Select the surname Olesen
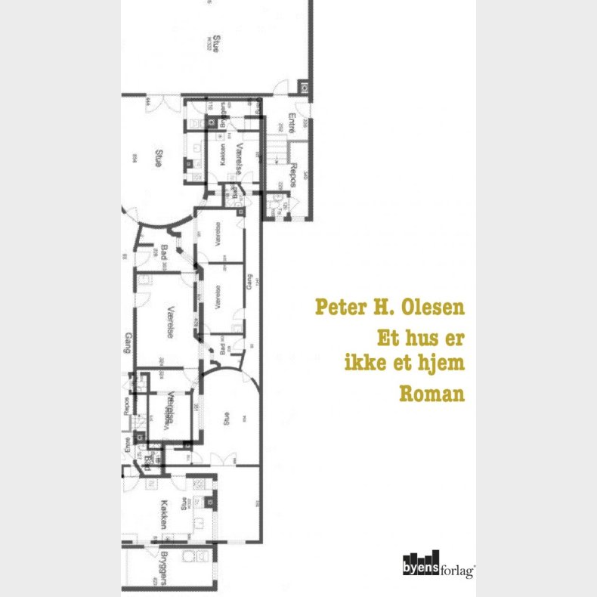437,309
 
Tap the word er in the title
456,337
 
